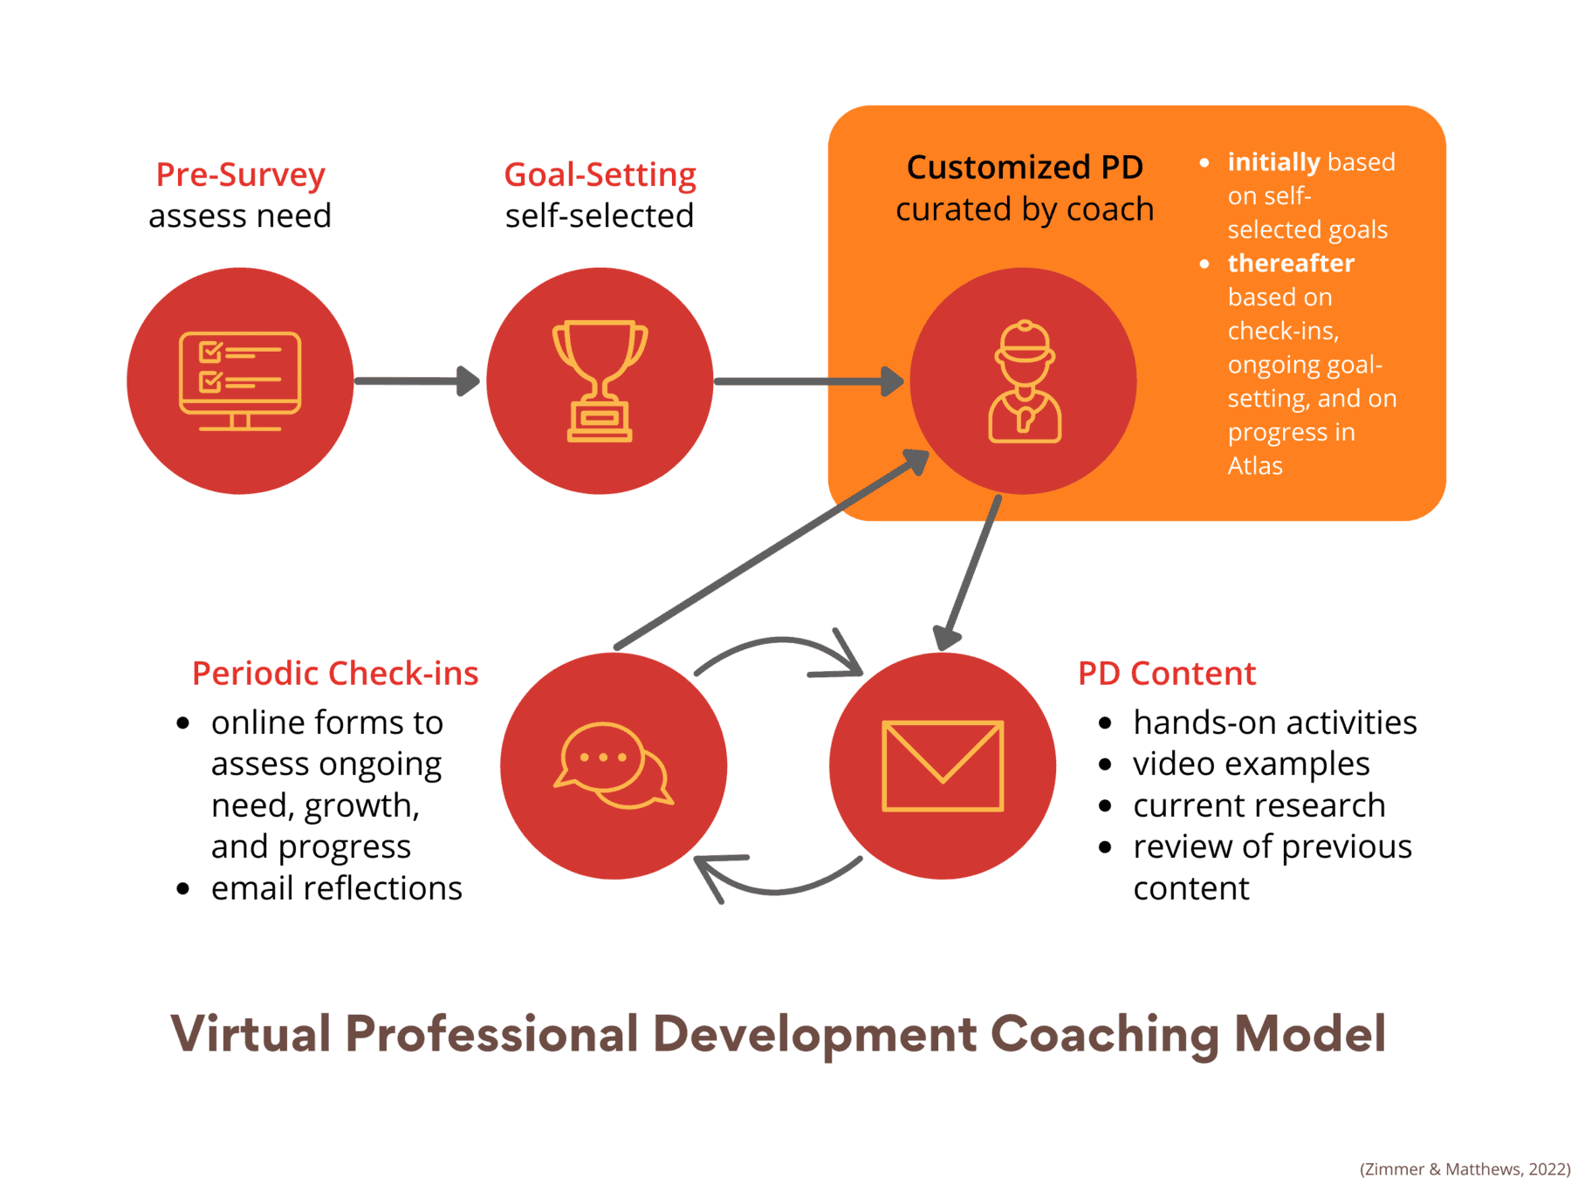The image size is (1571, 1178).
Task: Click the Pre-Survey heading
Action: (x=241, y=175)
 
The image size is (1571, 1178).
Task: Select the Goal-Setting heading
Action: (x=600, y=175)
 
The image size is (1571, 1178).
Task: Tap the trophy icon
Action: (x=600, y=381)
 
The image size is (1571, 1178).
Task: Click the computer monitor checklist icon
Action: (x=240, y=381)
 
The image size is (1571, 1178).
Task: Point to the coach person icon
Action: (x=1025, y=381)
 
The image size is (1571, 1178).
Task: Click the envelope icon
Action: (x=943, y=766)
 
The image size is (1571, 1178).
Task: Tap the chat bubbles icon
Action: (x=614, y=766)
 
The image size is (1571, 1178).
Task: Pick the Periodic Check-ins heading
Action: (x=335, y=674)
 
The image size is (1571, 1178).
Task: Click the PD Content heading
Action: (x=1167, y=674)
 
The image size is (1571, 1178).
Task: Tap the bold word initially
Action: (x=1273, y=162)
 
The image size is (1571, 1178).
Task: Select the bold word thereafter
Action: (x=1291, y=264)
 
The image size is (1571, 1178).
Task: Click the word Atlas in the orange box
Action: (x=1255, y=466)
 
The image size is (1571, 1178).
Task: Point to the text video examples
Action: (x=1251, y=764)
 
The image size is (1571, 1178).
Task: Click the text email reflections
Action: (x=336, y=888)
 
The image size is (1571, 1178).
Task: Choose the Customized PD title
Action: (x=1025, y=168)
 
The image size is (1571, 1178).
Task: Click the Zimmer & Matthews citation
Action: (x=1465, y=1169)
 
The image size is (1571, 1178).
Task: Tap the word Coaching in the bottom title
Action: (x=1105, y=1034)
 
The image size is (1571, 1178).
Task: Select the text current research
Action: (x=1259, y=805)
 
